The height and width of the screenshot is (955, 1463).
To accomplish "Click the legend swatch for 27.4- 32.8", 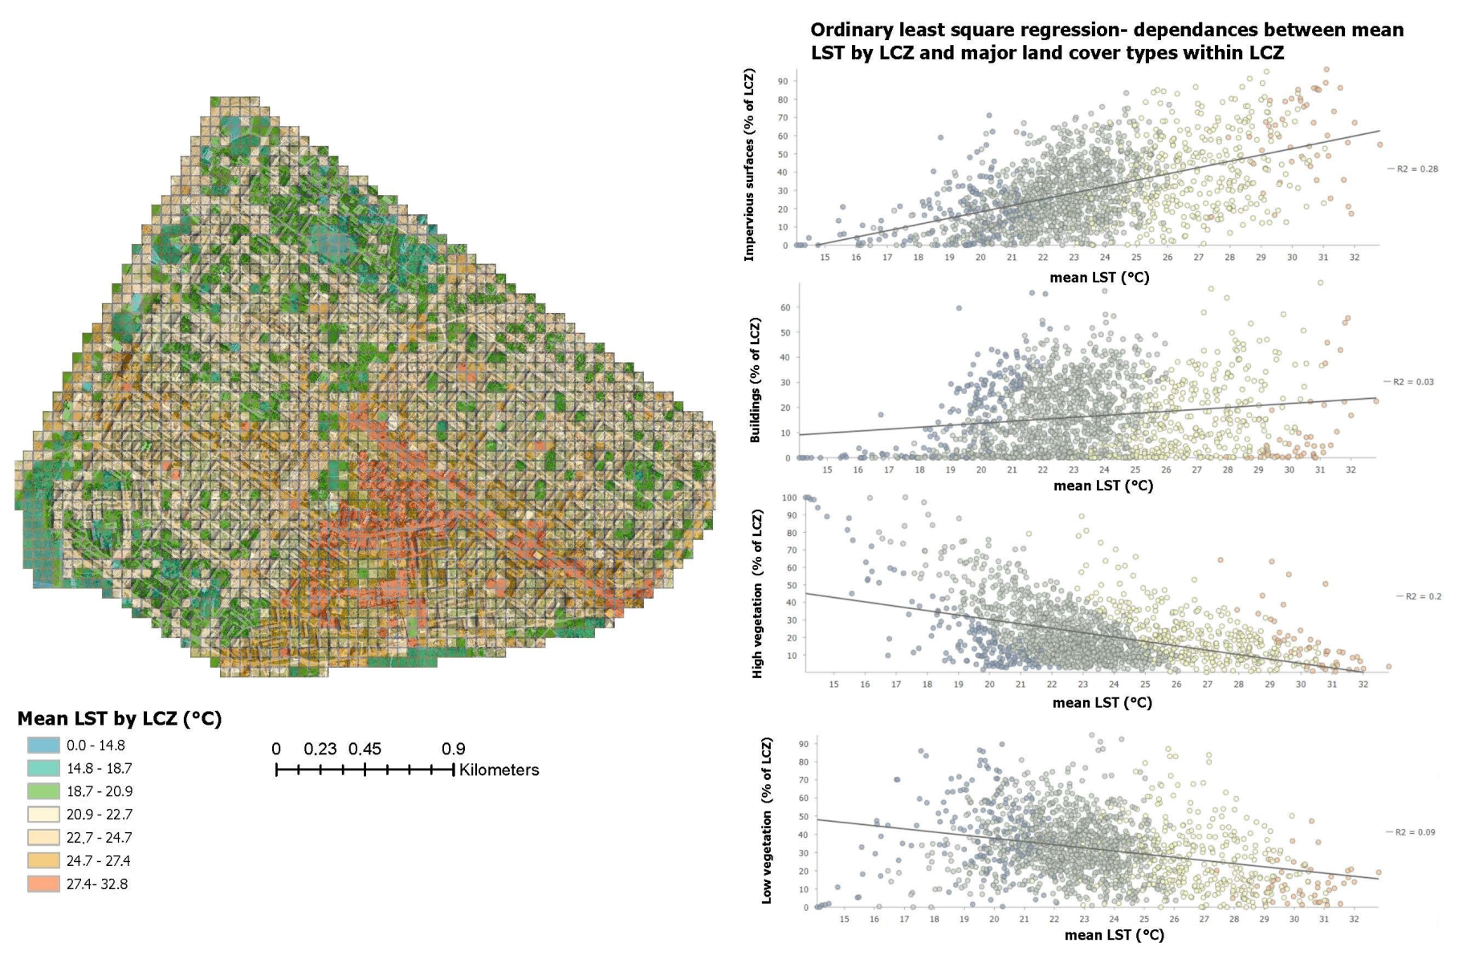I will click(43, 884).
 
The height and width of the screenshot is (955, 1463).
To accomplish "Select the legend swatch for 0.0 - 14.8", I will click(43, 745).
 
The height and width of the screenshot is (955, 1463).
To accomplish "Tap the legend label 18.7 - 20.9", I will click(100, 791).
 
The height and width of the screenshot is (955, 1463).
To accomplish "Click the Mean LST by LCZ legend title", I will click(120, 718).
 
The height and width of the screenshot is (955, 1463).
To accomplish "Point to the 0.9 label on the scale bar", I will click(453, 749).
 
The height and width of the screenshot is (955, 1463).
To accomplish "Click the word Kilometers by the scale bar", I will click(499, 770).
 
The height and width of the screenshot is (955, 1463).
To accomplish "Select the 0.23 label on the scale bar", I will click(320, 749).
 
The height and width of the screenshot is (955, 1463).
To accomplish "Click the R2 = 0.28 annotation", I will click(1417, 169).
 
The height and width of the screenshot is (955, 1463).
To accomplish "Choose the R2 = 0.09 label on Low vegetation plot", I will click(1415, 832).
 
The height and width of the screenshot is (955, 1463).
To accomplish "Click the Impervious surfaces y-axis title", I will click(749, 165).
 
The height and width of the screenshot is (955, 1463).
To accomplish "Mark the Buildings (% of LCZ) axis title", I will click(755, 380).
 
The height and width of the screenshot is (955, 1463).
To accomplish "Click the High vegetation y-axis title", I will click(757, 594).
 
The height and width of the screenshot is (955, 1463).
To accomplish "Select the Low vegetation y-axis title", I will click(767, 820).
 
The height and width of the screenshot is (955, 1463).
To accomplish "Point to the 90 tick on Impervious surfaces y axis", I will click(782, 82).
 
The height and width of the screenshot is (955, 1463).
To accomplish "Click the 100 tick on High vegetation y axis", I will click(789, 498).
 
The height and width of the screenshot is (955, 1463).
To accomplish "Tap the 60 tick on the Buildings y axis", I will click(785, 307).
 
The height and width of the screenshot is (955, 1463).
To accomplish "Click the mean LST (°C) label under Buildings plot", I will click(1102, 486).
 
